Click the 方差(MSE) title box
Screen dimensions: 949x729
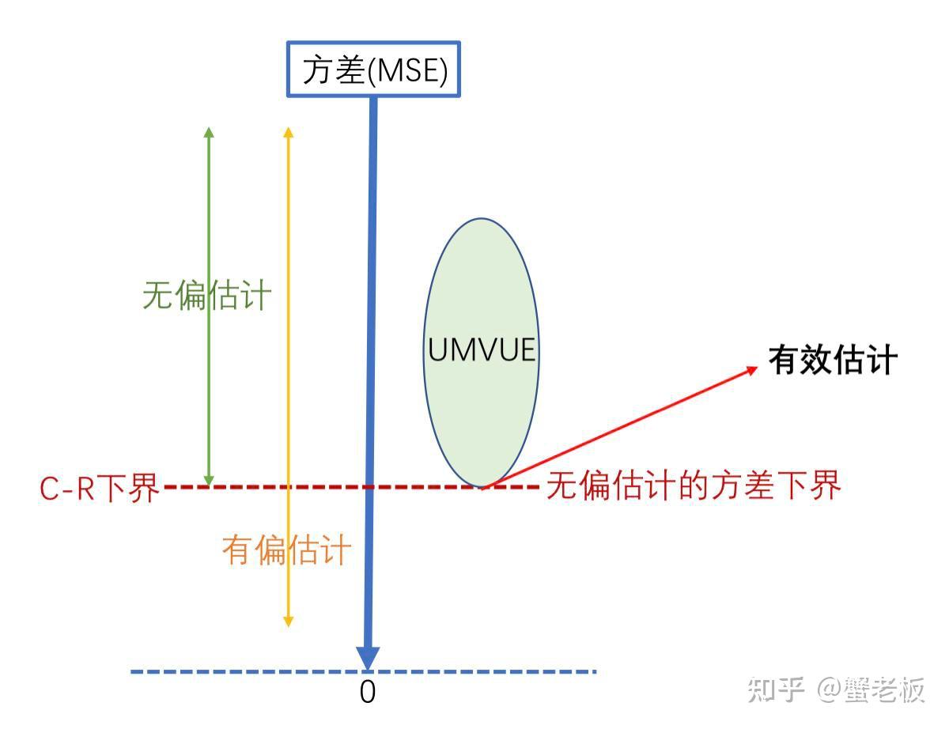pos(373,69)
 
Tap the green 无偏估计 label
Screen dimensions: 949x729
pos(207,296)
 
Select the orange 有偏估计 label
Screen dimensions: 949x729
pos(286,550)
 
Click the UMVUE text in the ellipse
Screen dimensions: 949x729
pos(482,349)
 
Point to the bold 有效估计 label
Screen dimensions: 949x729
pos(833,360)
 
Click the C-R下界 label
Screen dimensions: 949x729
pos(99,487)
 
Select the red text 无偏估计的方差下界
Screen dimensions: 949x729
pos(694,485)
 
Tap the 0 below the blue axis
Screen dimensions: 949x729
pos(367,692)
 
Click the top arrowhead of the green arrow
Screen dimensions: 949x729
pos(209,132)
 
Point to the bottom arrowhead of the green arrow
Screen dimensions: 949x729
pos(209,480)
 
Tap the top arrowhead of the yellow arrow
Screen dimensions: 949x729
pos(288,132)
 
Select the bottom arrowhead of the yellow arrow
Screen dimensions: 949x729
pos(288,621)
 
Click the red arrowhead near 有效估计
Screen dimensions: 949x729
pos(752,370)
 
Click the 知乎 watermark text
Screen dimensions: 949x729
pos(776,690)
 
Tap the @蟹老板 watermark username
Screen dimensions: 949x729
pos(871,690)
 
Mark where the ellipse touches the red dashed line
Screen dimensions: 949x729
pos(482,487)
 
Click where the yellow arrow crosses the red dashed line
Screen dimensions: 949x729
pos(288,487)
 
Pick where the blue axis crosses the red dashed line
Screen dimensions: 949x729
pos(369,487)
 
